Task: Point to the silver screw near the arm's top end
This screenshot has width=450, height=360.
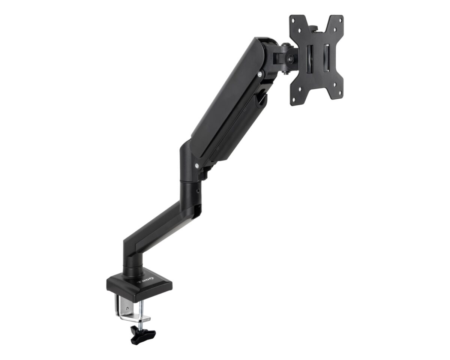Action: (x=259, y=75)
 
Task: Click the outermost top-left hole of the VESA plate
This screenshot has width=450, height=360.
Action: (x=294, y=21)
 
